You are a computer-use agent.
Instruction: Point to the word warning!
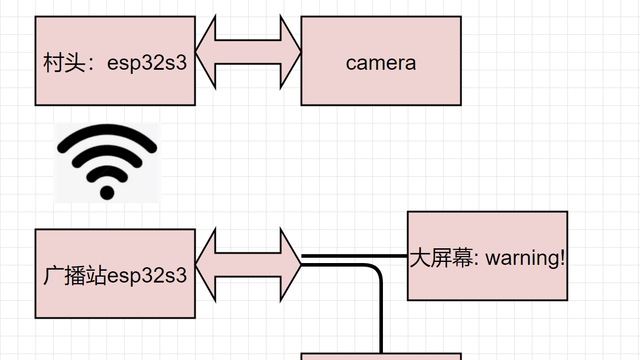525,258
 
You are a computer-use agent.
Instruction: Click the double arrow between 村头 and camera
248,53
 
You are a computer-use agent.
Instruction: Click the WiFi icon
107,163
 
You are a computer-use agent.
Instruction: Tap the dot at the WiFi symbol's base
107,192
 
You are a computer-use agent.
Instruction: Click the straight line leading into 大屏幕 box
355,256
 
